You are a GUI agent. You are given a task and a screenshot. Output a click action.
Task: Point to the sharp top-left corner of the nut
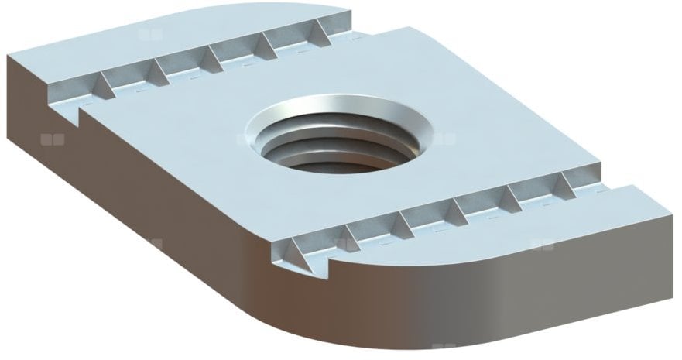9,56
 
